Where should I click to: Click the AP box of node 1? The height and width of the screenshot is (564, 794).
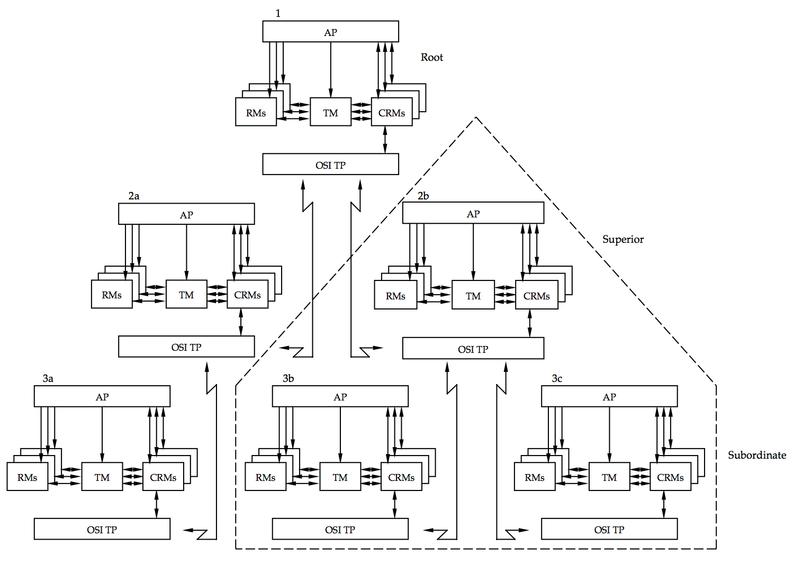[330, 32]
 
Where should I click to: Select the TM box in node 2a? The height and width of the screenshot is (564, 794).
[186, 294]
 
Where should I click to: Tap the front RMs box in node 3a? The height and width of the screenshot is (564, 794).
[27, 477]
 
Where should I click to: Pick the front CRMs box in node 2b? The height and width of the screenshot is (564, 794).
[536, 295]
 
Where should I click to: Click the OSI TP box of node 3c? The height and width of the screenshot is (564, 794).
[609, 529]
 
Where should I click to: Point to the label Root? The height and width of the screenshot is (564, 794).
[431, 57]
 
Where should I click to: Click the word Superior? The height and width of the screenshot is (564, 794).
[622, 239]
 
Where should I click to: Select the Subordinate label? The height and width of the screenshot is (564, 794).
[756, 455]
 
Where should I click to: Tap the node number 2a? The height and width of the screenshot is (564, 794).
[134, 196]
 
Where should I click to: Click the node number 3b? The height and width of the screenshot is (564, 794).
[288, 378]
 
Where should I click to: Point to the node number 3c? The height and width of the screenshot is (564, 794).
[557, 378]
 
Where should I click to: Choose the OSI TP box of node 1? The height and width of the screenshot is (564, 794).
[330, 165]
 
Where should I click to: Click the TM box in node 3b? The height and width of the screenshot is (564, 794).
[340, 477]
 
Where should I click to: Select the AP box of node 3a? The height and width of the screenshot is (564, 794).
[102, 396]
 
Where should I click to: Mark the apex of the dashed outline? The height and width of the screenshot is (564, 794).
[475, 117]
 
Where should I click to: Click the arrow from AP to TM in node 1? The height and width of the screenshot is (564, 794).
[331, 69]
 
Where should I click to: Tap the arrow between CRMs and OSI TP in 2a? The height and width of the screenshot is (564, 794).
[241, 322]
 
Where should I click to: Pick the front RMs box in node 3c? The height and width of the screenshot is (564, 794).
[535, 477]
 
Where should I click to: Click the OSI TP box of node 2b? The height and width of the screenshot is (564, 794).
[473, 349]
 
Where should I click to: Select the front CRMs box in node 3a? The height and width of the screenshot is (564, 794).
[163, 477]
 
